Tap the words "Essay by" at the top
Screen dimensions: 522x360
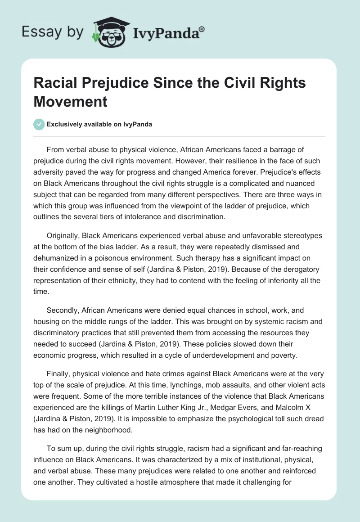point(52,32)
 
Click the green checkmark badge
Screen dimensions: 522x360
point(39,124)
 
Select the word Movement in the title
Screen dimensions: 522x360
point(71,101)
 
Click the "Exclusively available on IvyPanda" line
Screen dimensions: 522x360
point(99,124)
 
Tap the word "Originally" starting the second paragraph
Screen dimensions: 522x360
point(63,235)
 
